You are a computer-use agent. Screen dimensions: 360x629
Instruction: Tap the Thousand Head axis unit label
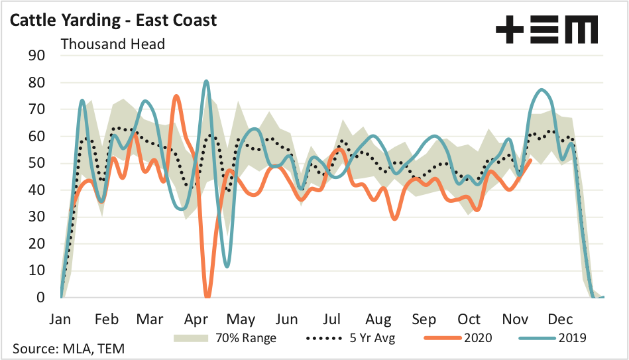pos(113,44)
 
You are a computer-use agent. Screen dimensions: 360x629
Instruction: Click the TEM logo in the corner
pos(547,30)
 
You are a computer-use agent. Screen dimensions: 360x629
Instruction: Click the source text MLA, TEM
pos(68,348)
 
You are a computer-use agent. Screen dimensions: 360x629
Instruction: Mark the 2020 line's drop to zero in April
pos(208,295)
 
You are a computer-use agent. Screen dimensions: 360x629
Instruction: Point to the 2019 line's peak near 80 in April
pos(206,82)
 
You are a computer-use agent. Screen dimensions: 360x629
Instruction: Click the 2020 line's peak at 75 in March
pos(176,96)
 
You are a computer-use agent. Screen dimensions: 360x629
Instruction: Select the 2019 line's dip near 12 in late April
pos(227,266)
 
